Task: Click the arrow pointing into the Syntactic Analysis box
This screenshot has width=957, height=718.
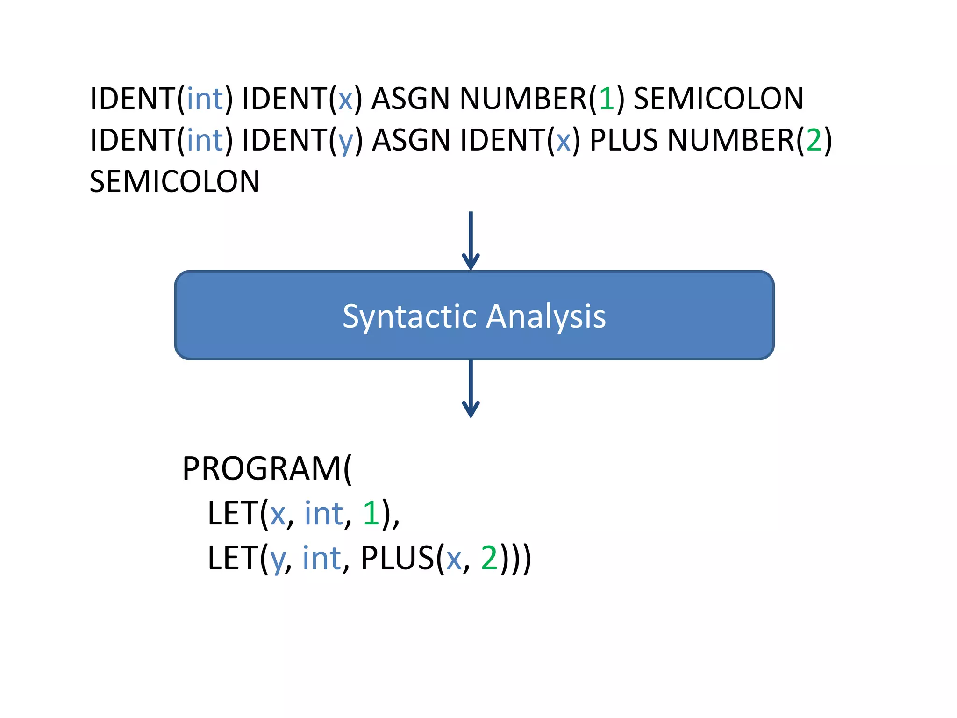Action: point(471,241)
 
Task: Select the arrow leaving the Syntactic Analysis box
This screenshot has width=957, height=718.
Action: point(471,388)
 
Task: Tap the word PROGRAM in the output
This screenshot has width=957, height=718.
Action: point(262,469)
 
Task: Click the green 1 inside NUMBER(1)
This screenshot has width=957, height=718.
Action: point(607,99)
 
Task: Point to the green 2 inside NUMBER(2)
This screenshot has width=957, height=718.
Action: point(814,140)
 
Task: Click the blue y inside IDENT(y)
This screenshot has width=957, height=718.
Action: point(346,142)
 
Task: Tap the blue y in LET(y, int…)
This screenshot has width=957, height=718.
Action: point(278,560)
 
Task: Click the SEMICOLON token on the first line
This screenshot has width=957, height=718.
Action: point(718,99)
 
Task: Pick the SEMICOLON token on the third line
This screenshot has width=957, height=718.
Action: point(174,181)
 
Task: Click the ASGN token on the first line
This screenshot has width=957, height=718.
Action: point(411,99)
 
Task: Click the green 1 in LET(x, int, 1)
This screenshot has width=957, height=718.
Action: point(371,513)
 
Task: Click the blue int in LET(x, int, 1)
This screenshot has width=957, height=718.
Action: point(324,513)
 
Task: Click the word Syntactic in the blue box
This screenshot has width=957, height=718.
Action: point(409,316)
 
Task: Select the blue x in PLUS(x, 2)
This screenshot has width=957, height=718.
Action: point(454,560)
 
